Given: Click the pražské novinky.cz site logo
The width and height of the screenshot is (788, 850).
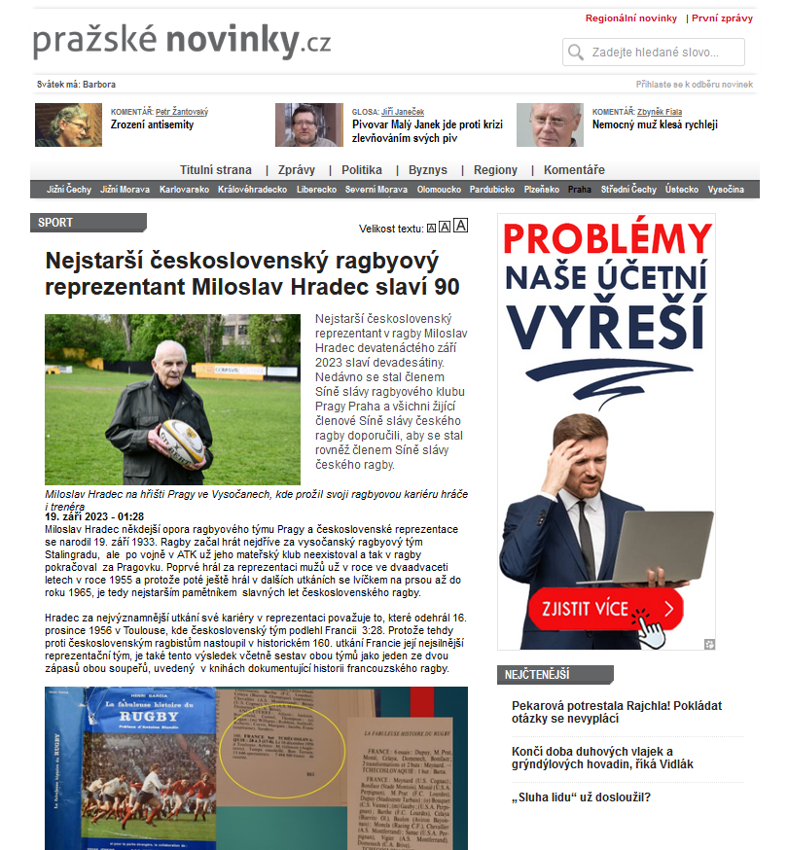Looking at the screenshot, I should [182, 41].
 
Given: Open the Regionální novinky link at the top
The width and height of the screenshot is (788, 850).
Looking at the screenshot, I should [630, 18].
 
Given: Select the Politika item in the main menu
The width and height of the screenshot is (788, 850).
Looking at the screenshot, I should [361, 170].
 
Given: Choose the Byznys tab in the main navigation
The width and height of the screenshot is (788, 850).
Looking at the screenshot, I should [428, 170].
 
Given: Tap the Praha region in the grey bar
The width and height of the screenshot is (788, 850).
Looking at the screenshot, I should [579, 190].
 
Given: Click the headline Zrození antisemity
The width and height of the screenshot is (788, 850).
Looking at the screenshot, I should [153, 125].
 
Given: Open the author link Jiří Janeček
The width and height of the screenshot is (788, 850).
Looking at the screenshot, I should [403, 112].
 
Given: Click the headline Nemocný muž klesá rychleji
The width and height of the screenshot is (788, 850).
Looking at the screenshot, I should [654, 125].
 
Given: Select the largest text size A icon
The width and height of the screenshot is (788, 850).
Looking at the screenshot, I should [461, 226].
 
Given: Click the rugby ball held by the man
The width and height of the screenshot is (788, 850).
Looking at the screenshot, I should [181, 443].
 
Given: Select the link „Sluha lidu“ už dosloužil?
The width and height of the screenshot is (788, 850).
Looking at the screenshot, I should [581, 798].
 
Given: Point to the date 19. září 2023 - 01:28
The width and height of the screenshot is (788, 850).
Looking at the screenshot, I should [94, 516].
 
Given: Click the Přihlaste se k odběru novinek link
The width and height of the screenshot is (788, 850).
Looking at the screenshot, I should [694, 85].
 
